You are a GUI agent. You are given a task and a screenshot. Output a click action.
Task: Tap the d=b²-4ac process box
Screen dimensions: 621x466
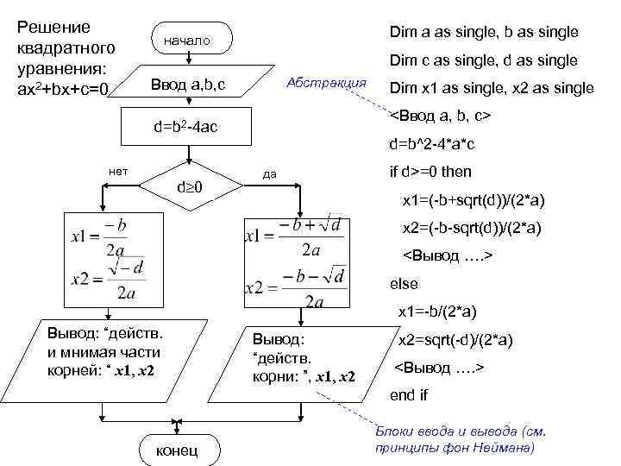pyautogui.click(x=185, y=128)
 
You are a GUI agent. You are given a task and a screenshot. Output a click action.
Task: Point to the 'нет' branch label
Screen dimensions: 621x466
pyautogui.click(x=118, y=170)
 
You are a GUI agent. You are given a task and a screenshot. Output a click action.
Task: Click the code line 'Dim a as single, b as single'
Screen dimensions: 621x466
pyautogui.click(x=484, y=33)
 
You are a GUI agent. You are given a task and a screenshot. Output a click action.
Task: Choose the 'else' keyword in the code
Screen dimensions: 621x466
pyautogui.click(x=404, y=284)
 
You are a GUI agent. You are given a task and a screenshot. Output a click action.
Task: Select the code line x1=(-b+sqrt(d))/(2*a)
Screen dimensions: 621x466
pyautogui.click(x=473, y=200)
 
